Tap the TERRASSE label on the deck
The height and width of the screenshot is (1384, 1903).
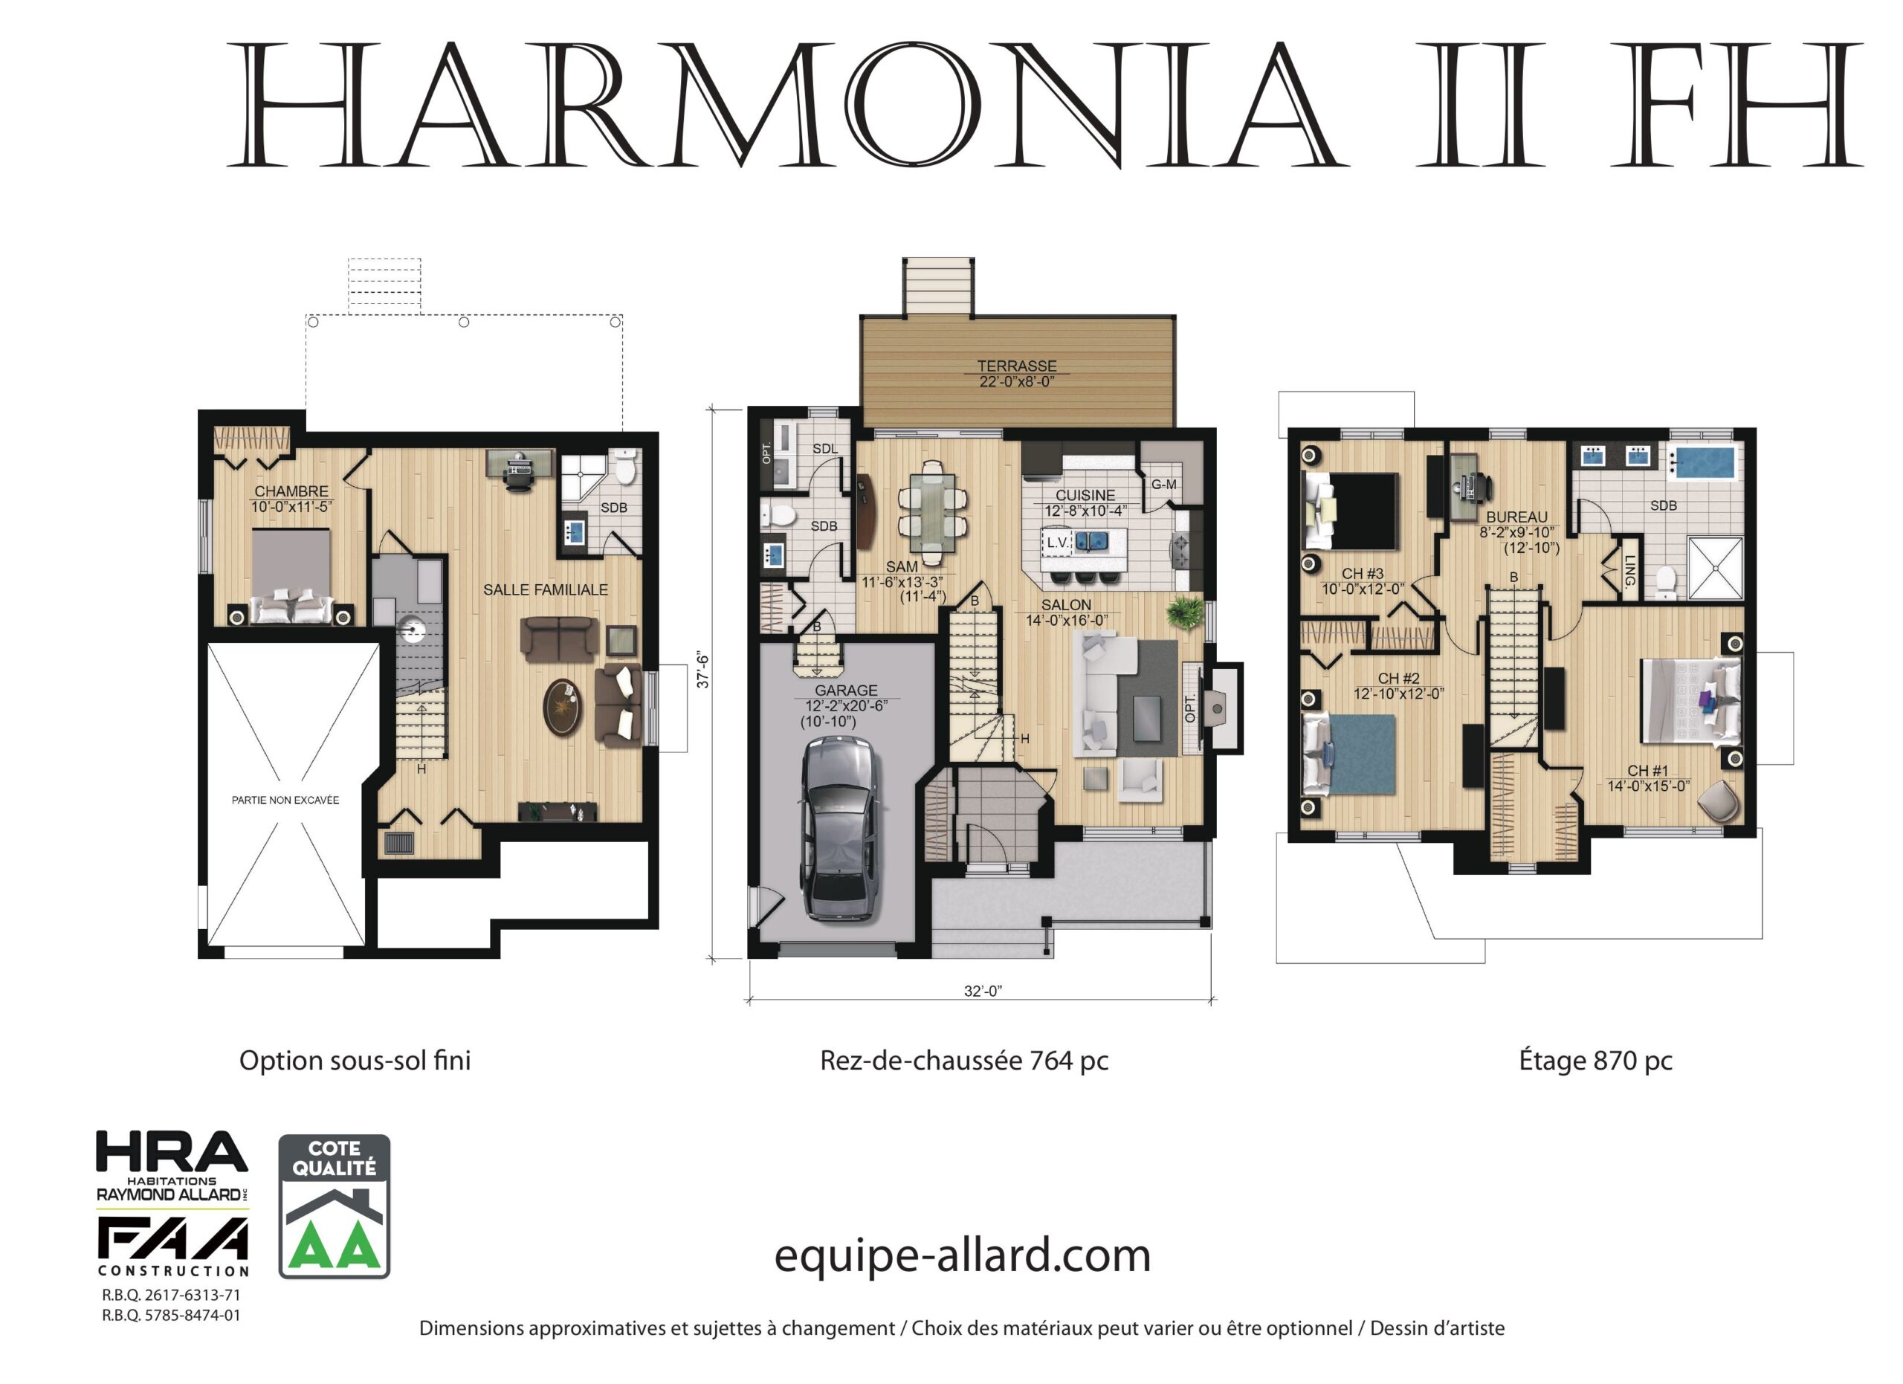pos(1017,366)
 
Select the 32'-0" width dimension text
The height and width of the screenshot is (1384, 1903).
pos(983,991)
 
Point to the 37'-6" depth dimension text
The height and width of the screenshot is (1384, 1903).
pos(703,670)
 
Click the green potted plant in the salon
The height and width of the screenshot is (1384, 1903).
pos(1184,612)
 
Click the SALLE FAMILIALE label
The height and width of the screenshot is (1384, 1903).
pos(546,589)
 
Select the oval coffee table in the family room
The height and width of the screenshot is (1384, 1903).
pos(562,706)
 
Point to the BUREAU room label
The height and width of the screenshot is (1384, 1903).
pos(1516,517)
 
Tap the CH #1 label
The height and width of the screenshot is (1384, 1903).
pos(1648,771)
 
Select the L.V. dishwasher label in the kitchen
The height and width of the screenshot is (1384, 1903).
pos(1058,543)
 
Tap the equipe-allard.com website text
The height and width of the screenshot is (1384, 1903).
pos(962,1255)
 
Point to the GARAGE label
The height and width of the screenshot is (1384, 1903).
pos(846,691)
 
